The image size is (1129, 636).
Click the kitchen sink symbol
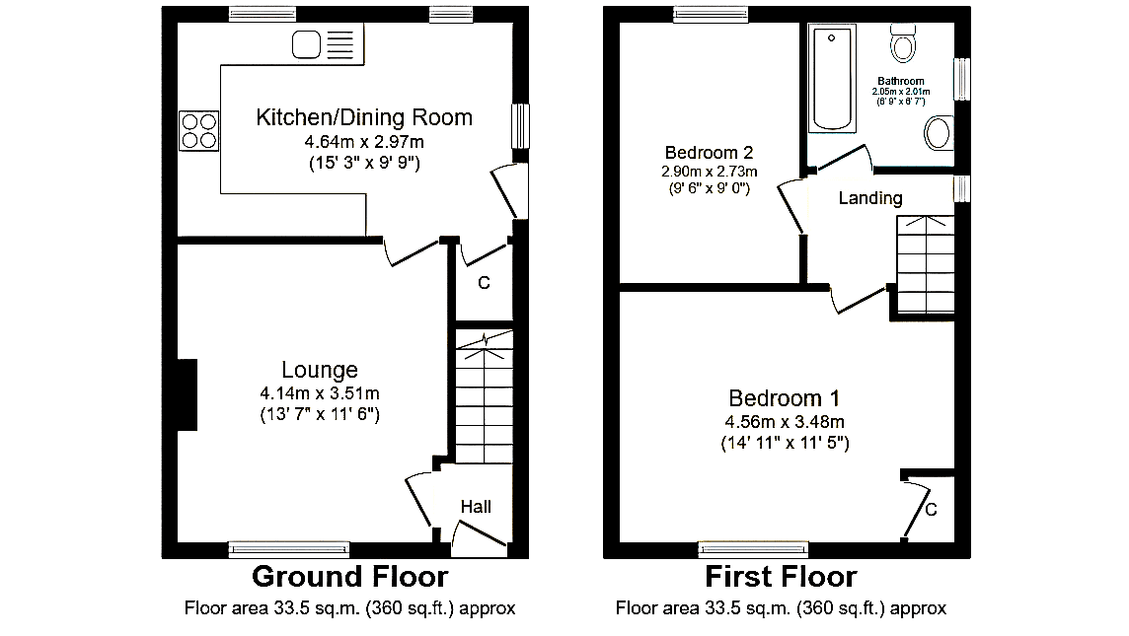coord(323,44)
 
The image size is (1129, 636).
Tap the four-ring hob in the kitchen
coord(198,131)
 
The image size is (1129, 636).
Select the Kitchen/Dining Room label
coord(364,117)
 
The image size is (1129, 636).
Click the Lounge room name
coord(320,370)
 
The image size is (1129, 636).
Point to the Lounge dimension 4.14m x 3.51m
coord(320,393)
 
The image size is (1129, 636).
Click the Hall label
coord(476,507)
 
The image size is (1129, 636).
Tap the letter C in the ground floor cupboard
coord(484,283)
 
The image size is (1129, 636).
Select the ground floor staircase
coord(485,396)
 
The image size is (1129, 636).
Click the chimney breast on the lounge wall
coord(188,394)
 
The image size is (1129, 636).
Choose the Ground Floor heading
coord(350,576)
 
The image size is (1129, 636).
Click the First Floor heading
coord(782,576)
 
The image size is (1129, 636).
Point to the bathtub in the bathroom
coord(832,78)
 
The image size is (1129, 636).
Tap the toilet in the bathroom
coord(903,42)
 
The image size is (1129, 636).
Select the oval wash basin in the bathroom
coord(939,134)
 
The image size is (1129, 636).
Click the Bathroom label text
coord(901,81)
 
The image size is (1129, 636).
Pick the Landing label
coord(870,198)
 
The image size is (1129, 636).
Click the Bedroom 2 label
coord(710,153)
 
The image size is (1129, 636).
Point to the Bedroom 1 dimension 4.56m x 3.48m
coord(785,422)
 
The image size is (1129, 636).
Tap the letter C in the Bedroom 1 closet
coord(931,510)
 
